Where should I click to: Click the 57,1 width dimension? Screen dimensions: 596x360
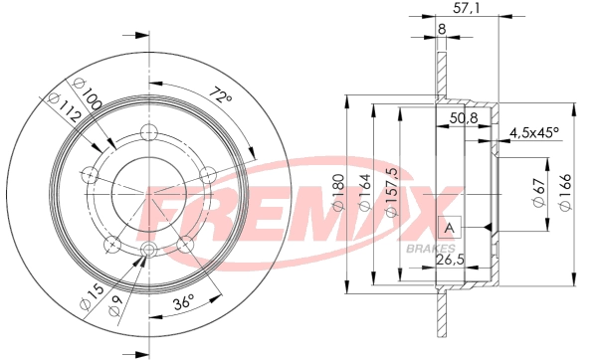coord(467,8)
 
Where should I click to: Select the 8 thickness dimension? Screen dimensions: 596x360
coord(441,29)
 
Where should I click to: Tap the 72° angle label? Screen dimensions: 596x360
coord(221,95)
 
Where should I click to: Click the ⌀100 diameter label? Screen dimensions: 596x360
coord(87,93)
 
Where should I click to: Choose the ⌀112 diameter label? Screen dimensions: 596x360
coord(64,107)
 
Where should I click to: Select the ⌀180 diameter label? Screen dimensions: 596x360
coord(338,193)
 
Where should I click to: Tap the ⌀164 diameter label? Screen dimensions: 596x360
coord(364,193)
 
